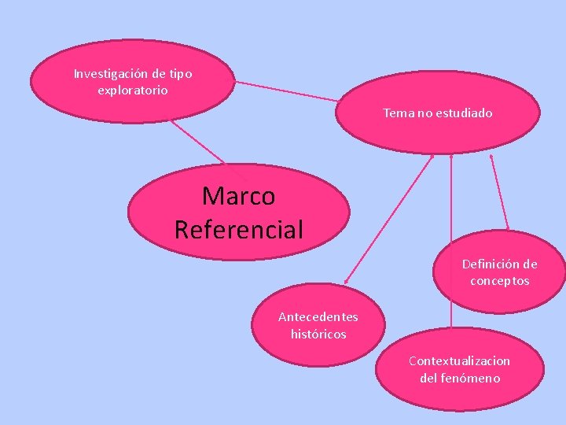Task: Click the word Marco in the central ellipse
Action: [x=238, y=195]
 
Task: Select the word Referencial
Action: [x=238, y=230]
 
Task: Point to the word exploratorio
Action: [x=132, y=90]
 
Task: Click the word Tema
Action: [x=399, y=113]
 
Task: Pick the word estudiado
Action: [x=463, y=113]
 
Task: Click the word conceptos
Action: [x=500, y=281]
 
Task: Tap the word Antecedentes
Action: [x=318, y=317]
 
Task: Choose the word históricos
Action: [x=318, y=334]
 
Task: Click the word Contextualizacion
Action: [x=459, y=361]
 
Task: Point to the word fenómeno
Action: [x=471, y=378]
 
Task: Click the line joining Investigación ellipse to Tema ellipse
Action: [x=287, y=91]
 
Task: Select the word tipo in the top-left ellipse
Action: [x=179, y=74]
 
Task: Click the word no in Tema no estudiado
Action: [x=424, y=113]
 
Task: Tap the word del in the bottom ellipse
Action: [x=428, y=378]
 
